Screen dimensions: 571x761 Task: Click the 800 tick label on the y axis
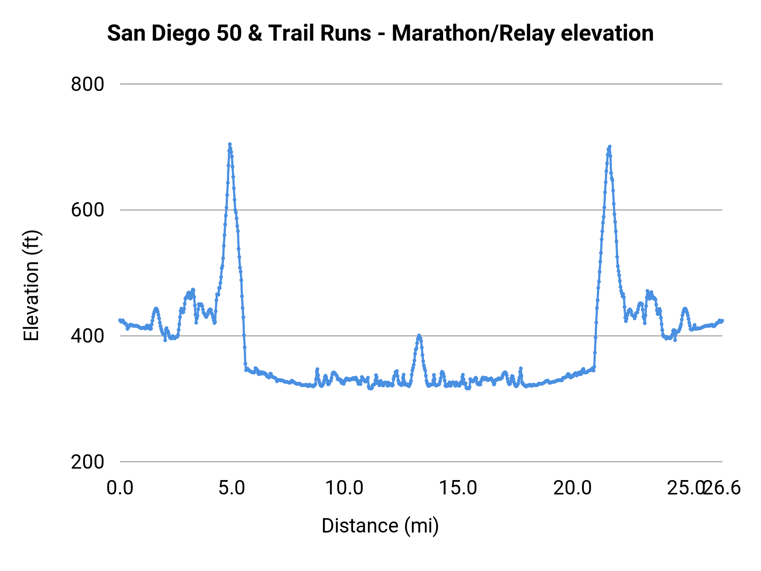[88, 84]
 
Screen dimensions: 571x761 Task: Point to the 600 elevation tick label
[88, 210]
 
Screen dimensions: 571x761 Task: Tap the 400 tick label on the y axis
[88, 336]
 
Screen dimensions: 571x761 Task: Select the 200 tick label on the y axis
[88, 462]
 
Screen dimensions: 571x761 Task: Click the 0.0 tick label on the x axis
[120, 488]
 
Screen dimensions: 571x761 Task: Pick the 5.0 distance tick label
[232, 488]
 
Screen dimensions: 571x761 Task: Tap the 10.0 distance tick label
[344, 488]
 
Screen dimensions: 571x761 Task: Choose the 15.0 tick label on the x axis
[458, 488]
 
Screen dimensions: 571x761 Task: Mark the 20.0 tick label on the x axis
[572, 488]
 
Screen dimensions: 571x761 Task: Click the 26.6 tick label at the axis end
[724, 488]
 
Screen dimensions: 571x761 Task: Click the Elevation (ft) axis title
[31, 285]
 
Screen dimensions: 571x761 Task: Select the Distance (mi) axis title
[380, 526]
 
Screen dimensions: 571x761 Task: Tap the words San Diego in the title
[159, 33]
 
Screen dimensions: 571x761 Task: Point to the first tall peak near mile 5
[230, 145]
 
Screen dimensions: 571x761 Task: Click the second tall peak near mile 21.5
[609, 147]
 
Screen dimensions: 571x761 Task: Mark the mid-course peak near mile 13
[419, 335]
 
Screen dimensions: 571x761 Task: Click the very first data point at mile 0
[120, 320]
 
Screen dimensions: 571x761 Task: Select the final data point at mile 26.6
[722, 321]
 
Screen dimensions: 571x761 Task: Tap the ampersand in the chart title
[255, 33]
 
